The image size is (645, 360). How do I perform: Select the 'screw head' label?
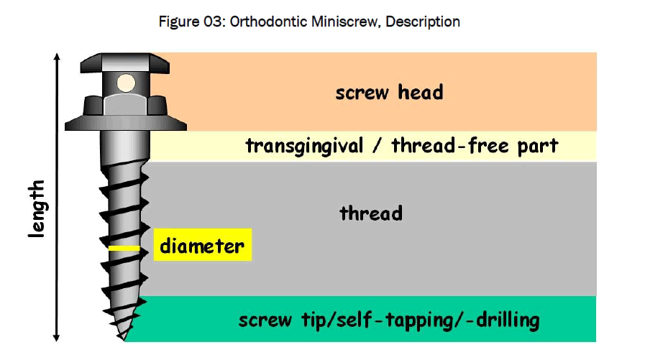click(x=389, y=92)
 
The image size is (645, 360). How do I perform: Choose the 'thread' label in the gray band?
click(x=370, y=213)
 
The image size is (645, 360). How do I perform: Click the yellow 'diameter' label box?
click(x=202, y=246)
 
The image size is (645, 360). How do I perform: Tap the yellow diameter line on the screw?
click(x=124, y=249)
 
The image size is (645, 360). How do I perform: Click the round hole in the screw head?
click(x=127, y=83)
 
